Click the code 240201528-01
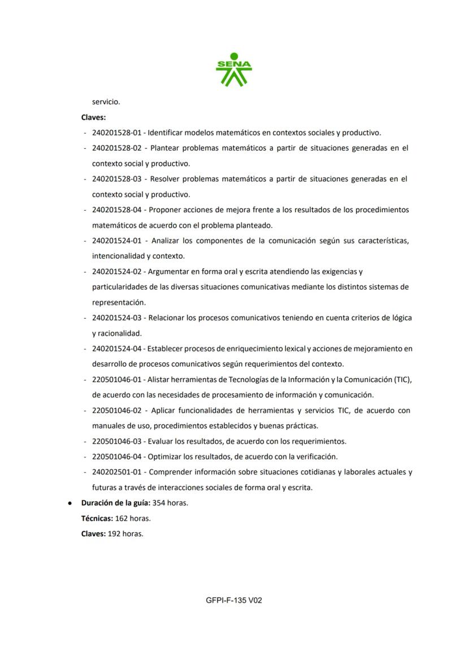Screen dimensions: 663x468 [116, 133]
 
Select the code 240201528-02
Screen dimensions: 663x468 [116, 148]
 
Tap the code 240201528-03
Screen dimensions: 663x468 [116, 179]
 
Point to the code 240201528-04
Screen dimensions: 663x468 [116, 210]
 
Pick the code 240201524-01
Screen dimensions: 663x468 [116, 241]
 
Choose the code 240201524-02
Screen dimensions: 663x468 [116, 272]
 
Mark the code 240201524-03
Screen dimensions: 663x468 [116, 318]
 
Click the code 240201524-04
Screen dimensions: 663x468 [116, 349]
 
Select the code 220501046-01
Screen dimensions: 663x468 [116, 379]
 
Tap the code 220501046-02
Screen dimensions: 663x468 [116, 410]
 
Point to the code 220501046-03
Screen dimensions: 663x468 [116, 441]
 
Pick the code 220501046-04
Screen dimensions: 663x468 [116, 456]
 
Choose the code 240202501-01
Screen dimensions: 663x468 [116, 472]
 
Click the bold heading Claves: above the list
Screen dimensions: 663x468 [93, 118]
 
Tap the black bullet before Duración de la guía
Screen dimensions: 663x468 [69, 503]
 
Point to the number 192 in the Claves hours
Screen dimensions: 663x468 [114, 533]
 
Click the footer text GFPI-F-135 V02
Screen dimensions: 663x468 [234, 600]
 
